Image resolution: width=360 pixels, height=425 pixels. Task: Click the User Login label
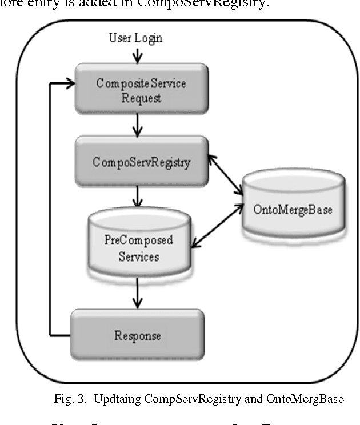click(x=135, y=38)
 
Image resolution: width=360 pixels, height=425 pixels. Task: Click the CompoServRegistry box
click(x=141, y=161)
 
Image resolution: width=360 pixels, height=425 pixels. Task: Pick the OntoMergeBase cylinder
click(x=293, y=209)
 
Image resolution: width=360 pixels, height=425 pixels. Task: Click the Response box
click(x=137, y=334)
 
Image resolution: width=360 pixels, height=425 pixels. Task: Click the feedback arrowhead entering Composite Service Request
click(x=69, y=83)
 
